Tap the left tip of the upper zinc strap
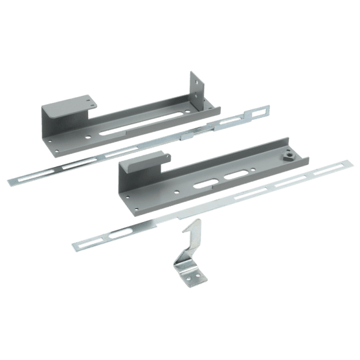point(12,181)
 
